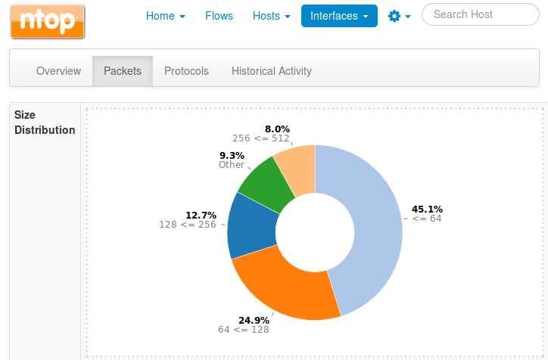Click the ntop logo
pos(48,20)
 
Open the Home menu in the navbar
pos(165,15)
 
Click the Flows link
pos(219,15)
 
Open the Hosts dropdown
pos(271,15)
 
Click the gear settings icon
pos(394,15)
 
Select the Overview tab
pos(58,71)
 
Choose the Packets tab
pos(123,71)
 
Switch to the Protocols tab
pos(186,71)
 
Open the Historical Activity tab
pos(272,71)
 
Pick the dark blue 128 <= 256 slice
pos(251,227)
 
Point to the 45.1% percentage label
pos(427,209)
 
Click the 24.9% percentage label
pos(254,320)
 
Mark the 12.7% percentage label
pos(201,215)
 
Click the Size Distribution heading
pos(45,123)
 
